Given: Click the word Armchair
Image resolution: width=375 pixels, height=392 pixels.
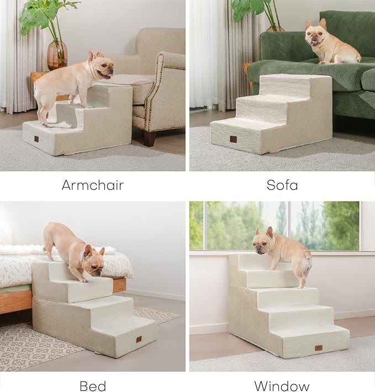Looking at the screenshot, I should click(92, 185).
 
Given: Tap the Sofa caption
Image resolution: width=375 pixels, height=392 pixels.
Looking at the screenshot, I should click(282, 185).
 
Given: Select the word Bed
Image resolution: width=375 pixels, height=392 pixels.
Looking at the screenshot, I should click(92, 385).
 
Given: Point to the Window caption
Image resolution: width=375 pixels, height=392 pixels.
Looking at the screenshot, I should click(282, 385).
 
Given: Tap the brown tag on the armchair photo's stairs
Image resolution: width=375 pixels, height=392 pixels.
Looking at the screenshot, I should click(36, 139).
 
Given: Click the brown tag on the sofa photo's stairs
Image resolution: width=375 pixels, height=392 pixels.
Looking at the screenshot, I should click(233, 139).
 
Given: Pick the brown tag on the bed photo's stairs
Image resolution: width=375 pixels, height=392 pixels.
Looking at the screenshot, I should click(139, 339).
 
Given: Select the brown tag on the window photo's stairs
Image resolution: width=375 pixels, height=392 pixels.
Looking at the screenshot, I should click(319, 348).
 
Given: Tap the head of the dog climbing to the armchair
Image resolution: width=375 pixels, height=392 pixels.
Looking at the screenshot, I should click(102, 66).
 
